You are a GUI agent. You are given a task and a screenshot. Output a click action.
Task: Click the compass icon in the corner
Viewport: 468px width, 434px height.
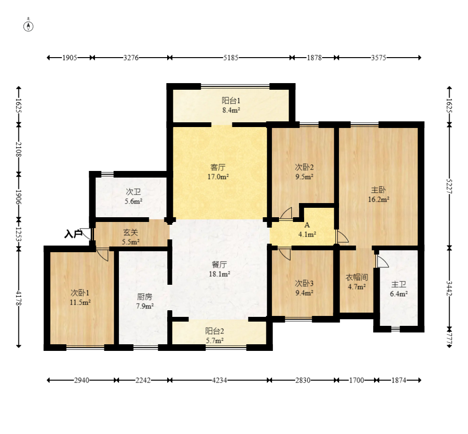tap(28, 26)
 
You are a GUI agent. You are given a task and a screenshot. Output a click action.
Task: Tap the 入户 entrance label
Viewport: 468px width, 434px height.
tap(73, 234)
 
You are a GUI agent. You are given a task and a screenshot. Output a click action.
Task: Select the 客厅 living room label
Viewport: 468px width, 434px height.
tap(218, 167)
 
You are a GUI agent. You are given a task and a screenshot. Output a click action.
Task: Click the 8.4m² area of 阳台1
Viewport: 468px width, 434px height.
tap(231, 110)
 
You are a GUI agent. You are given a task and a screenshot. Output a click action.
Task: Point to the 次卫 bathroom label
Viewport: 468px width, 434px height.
tap(133, 192)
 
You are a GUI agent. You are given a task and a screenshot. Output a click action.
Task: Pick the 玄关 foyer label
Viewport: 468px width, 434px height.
tap(130, 232)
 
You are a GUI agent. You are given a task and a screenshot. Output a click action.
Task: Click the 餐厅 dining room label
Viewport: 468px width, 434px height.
tap(220, 264)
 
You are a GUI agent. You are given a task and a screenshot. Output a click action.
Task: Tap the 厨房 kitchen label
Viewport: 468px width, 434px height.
tap(145, 297)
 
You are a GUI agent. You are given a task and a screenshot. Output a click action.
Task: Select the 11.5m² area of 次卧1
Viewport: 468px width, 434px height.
tap(80, 302)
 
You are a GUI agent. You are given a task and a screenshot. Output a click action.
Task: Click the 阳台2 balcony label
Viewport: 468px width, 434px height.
tap(214, 331)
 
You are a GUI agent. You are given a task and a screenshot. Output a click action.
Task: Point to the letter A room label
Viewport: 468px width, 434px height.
tap(307, 225)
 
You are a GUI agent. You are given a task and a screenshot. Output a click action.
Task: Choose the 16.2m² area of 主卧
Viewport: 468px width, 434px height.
tap(378, 199)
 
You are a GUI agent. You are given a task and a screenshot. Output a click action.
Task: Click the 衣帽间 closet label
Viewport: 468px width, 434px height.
tap(357, 277)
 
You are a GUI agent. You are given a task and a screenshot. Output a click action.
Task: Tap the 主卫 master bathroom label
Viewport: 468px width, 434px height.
tap(399, 284)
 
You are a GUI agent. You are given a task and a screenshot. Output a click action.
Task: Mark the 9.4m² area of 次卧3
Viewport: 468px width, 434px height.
tap(305, 293)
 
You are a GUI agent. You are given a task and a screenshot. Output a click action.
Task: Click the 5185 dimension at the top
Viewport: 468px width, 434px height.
tap(231, 58)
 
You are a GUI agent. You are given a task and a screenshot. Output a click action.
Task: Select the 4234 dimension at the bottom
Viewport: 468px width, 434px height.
tap(220, 380)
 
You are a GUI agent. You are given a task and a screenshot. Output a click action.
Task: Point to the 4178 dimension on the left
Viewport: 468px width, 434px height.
tap(18, 298)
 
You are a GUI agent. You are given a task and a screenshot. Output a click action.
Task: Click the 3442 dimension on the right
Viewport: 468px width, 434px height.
tap(449, 289)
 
